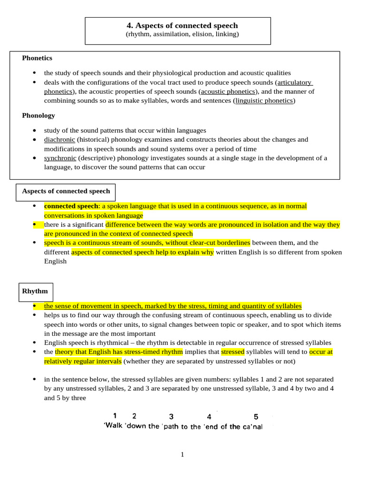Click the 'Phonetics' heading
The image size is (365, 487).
[x=37, y=58]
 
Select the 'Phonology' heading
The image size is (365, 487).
[x=38, y=116]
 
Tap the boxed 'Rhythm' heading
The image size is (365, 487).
[x=35, y=291]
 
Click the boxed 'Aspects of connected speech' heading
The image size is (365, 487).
[x=66, y=191]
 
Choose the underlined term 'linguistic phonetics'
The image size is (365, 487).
[x=264, y=101]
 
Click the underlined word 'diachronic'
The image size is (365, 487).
[x=59, y=140]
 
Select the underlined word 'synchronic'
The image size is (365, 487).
[x=60, y=158]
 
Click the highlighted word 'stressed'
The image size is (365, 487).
[x=233, y=352]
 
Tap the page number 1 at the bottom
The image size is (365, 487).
[x=182, y=455]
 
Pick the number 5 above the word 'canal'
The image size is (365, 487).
[x=256, y=417]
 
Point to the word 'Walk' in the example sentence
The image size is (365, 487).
[x=114, y=426]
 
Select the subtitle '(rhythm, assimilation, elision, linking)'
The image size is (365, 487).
[x=182, y=34]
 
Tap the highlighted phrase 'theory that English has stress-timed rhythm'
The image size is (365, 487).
[x=119, y=352]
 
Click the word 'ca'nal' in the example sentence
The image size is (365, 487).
[x=252, y=427]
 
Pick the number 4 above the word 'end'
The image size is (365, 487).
[x=209, y=417]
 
